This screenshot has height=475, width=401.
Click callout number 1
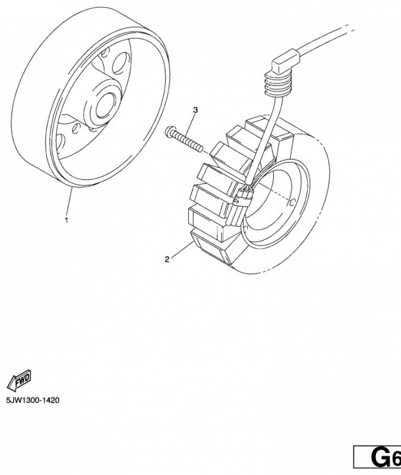pyautogui.click(x=66, y=220)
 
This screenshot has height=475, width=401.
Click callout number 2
pyautogui.click(x=167, y=258)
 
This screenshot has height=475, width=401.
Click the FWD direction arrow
pyautogui.click(x=20, y=378)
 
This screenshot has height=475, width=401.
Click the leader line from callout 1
pyautogui.click(x=69, y=202)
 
